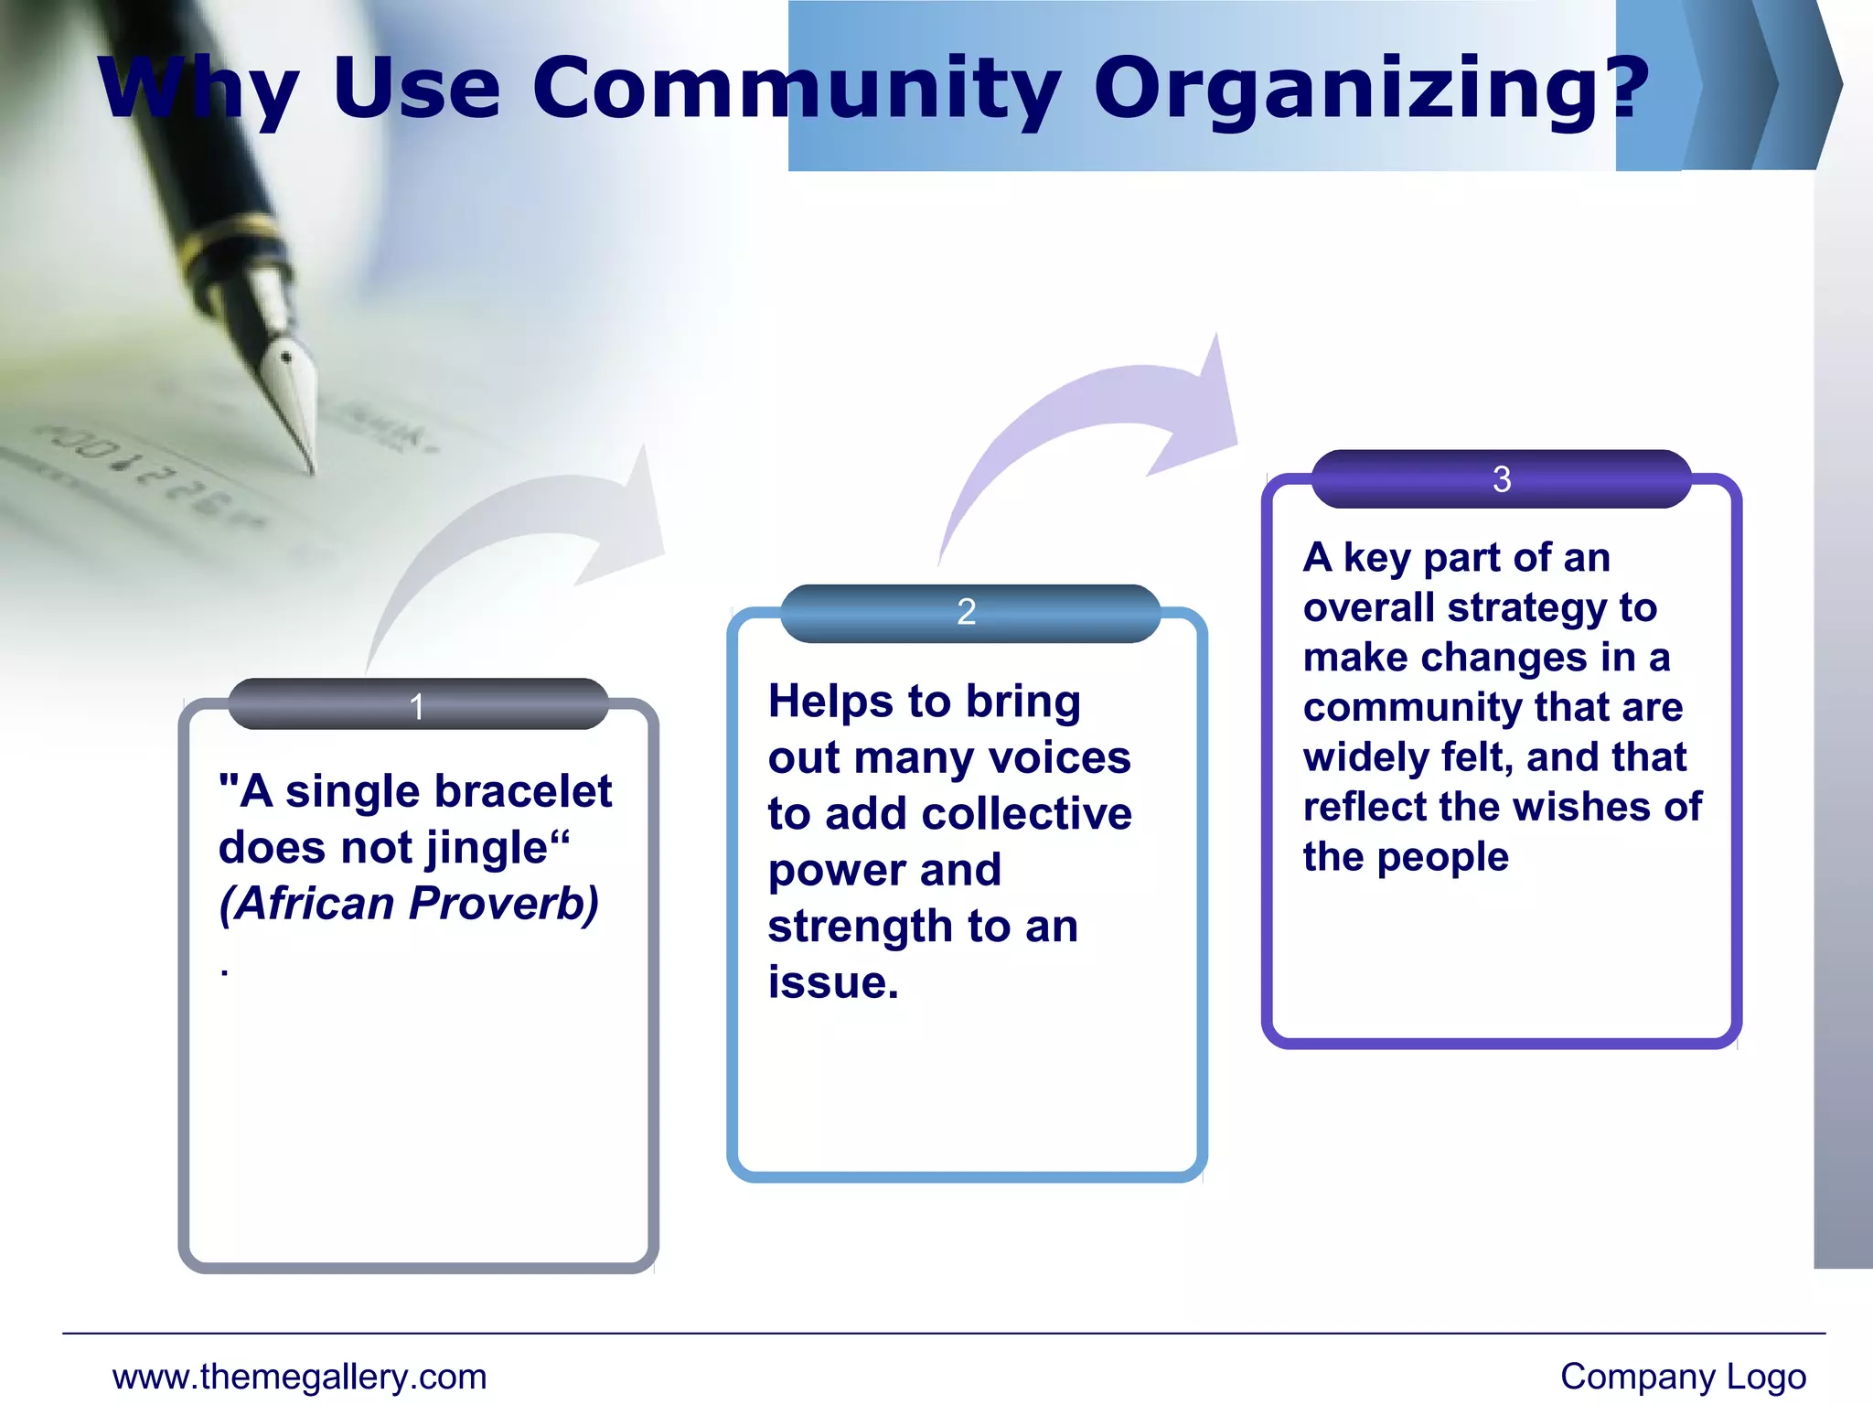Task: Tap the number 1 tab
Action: click(x=418, y=705)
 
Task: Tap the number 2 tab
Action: click(x=967, y=612)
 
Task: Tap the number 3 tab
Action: click(x=1501, y=479)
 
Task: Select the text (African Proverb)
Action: click(x=409, y=904)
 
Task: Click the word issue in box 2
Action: click(x=827, y=983)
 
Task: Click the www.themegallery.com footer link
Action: click(x=299, y=1377)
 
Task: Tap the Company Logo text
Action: click(x=1683, y=1377)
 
